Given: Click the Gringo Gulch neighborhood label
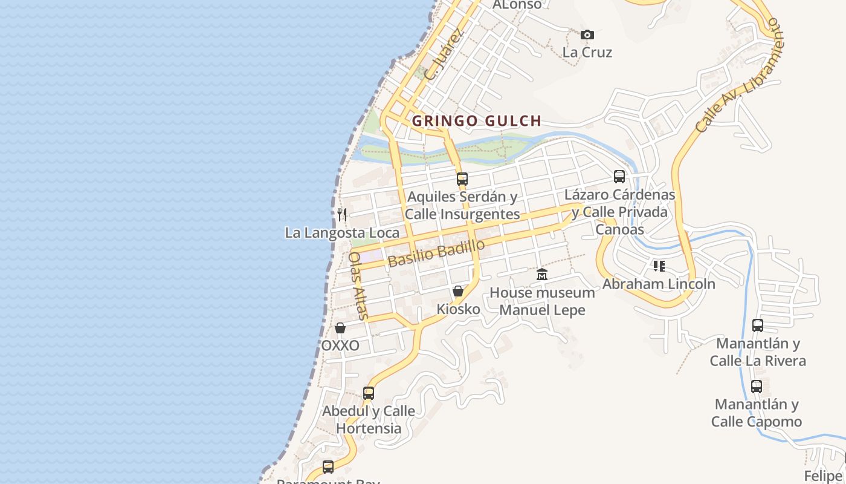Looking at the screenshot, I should click(x=476, y=121).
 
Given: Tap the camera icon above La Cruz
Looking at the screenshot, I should click(x=587, y=35).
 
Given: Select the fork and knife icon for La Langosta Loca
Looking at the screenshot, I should click(x=342, y=214).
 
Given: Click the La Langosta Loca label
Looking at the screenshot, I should click(x=342, y=233).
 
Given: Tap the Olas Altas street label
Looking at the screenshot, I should click(x=358, y=285).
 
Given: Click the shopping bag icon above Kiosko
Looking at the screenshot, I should click(x=458, y=292).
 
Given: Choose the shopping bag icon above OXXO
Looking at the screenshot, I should click(x=340, y=328).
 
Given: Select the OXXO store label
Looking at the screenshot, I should click(x=340, y=345).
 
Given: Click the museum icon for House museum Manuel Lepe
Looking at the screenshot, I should click(x=542, y=275).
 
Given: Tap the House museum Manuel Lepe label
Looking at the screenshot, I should click(x=542, y=301).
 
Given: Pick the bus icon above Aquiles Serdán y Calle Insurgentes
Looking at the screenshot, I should click(x=462, y=179).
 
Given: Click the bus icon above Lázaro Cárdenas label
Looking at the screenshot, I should click(x=619, y=177).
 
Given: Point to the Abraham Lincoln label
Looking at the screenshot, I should click(x=659, y=284).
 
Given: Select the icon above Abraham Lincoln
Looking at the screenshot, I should click(x=659, y=266).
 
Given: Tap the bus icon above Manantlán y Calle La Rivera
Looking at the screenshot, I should click(x=758, y=325).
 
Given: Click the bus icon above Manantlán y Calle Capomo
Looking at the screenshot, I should click(x=757, y=387).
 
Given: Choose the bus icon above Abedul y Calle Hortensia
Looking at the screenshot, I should click(x=369, y=393).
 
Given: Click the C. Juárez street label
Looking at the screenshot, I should click(x=444, y=54).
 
